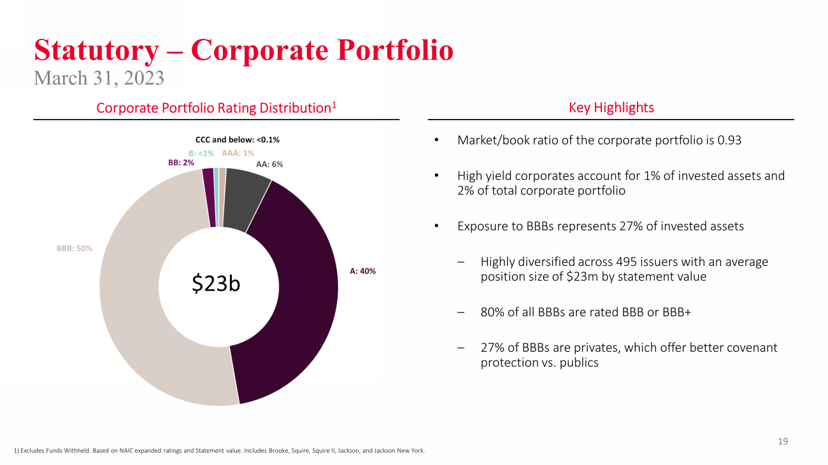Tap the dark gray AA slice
[246, 197]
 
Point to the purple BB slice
[209, 197]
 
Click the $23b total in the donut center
[217, 284]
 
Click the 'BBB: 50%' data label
[75, 248]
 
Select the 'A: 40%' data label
[362, 271]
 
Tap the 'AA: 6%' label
[269, 164]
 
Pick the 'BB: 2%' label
[181, 163]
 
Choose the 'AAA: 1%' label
[238, 153]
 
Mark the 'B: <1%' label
[201, 153]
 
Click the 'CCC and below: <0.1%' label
[238, 140]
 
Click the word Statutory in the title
[96, 50]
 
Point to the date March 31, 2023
[99, 78]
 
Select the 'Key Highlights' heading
[611, 108]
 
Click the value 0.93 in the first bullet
[729, 140]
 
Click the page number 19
[783, 441]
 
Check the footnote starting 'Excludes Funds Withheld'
[219, 450]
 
